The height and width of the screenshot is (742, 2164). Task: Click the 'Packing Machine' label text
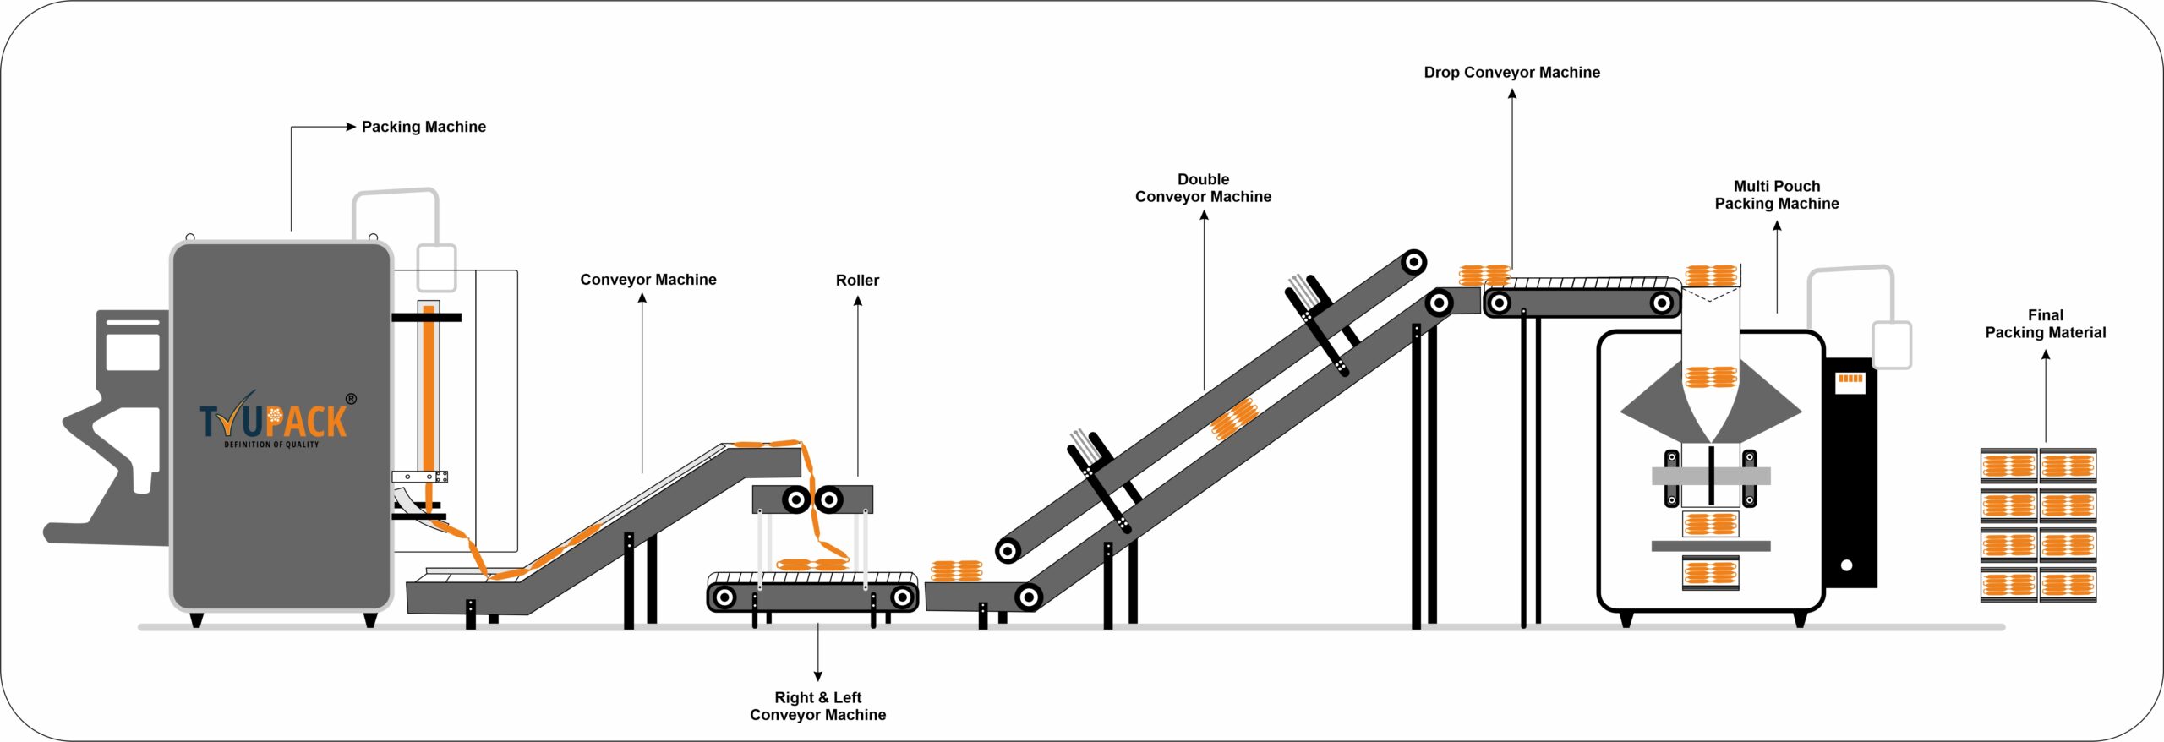pyautogui.click(x=424, y=127)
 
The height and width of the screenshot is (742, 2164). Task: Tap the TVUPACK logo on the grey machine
pyautogui.click(x=273, y=420)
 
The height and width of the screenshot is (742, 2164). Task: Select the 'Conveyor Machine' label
pyautogui.click(x=648, y=280)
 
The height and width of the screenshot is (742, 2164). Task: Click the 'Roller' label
pyautogui.click(x=857, y=280)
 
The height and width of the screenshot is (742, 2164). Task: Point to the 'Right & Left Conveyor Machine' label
pyautogui.click(x=817, y=706)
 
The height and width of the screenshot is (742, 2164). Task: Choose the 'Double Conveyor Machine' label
pyautogui.click(x=1203, y=188)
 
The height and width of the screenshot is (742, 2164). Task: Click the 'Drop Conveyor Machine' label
pyautogui.click(x=1511, y=73)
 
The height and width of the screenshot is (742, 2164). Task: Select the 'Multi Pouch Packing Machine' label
pyautogui.click(x=1777, y=194)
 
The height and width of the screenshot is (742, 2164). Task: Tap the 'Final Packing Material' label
pyautogui.click(x=2045, y=324)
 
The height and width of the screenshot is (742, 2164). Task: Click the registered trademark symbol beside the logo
pyautogui.click(x=351, y=399)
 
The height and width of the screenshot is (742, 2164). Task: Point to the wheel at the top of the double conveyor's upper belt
pyautogui.click(x=1413, y=262)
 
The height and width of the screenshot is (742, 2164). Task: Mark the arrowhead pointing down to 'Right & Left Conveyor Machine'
pyautogui.click(x=817, y=676)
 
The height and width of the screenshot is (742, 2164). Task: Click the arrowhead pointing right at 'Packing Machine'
pyautogui.click(x=351, y=127)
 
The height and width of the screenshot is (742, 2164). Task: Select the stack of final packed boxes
pyautogui.click(x=2038, y=525)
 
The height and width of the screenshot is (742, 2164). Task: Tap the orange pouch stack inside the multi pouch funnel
pyautogui.click(x=1710, y=377)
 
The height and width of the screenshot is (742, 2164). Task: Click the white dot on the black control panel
pyautogui.click(x=1846, y=565)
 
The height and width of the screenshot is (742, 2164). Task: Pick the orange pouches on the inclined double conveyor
pyautogui.click(x=1234, y=419)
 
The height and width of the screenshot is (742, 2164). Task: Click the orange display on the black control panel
pyautogui.click(x=1850, y=379)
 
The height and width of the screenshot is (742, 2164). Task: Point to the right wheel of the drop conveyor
pyautogui.click(x=1662, y=303)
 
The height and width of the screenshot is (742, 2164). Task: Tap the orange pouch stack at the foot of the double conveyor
pyautogui.click(x=956, y=571)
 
